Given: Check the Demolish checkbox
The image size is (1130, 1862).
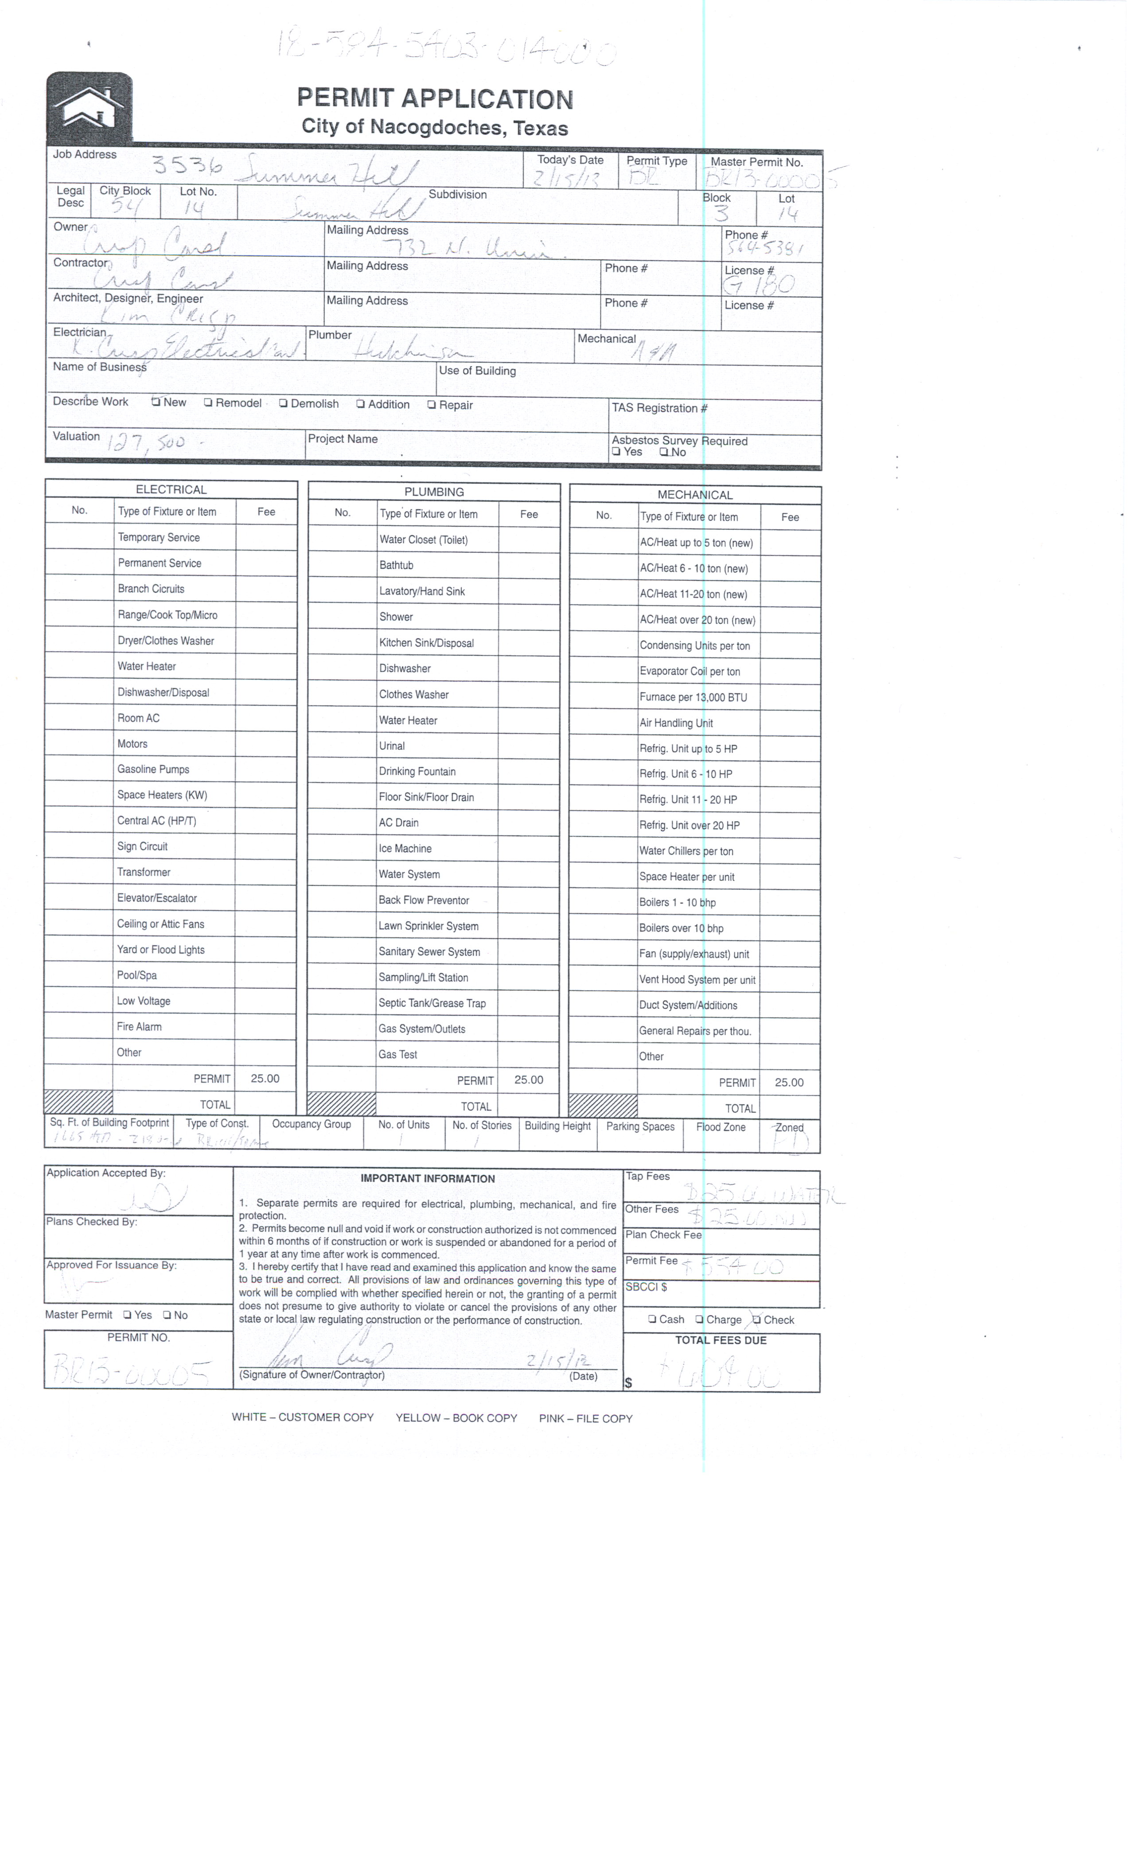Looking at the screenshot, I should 283,403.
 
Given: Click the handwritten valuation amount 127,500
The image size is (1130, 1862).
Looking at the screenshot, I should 147,441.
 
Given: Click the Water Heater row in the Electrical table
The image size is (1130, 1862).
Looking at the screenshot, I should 147,666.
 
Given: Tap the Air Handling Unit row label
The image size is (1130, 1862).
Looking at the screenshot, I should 676,723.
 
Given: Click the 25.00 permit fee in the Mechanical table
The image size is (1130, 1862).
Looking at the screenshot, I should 789,1082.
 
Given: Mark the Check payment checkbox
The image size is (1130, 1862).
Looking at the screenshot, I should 756,1319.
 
